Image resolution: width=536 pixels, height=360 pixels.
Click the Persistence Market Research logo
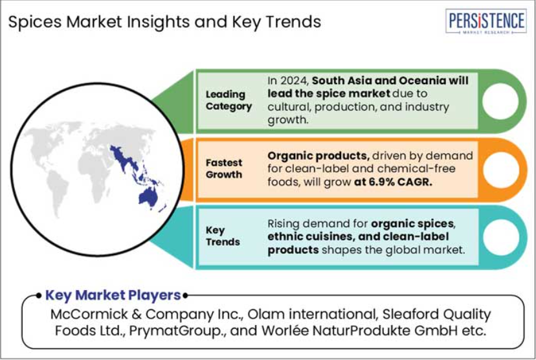point(486,21)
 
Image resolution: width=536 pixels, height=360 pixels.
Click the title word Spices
point(35,22)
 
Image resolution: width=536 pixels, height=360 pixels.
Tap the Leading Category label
point(229,100)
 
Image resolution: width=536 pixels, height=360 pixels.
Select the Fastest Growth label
point(224,168)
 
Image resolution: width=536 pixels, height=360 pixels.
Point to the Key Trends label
point(223,236)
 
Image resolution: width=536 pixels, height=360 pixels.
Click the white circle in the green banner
point(500,101)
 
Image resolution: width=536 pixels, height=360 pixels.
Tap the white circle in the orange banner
point(501,170)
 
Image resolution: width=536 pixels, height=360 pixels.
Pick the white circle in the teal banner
point(501,237)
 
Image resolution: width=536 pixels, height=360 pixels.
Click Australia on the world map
point(148,197)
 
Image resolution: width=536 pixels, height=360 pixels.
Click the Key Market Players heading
point(113,295)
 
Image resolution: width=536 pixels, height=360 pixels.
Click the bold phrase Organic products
point(318,156)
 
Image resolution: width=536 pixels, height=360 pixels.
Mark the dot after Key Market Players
point(185,295)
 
